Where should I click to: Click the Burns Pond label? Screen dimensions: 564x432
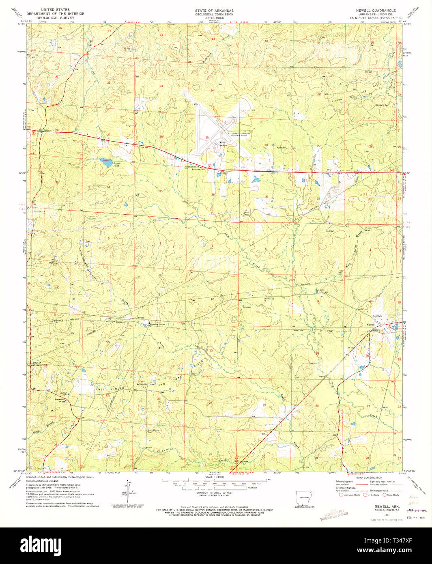[x=117, y=165]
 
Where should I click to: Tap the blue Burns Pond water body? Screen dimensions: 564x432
[x=107, y=163]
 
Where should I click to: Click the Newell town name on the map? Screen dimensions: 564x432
[x=371, y=325]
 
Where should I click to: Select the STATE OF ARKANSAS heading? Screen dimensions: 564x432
[x=214, y=10]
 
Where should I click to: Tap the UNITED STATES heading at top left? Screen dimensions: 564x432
[x=55, y=9]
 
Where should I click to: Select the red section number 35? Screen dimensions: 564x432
[x=161, y=191]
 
